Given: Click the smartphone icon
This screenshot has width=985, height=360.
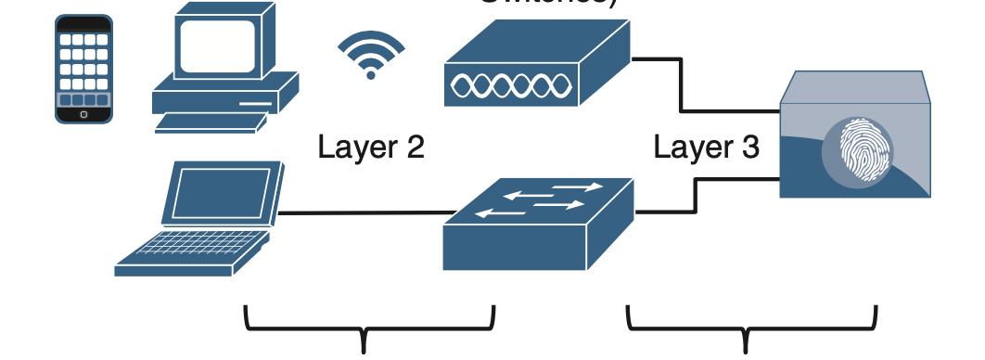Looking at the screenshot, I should click(x=83, y=69).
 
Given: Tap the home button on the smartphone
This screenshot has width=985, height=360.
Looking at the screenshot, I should click(x=83, y=115).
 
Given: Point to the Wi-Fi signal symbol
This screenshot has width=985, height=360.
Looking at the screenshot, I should click(x=371, y=55).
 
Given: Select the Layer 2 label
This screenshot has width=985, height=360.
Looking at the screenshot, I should click(x=371, y=147).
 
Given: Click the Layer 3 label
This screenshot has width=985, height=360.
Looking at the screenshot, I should click(x=706, y=147).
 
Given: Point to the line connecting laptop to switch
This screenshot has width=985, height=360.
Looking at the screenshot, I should click(x=362, y=213).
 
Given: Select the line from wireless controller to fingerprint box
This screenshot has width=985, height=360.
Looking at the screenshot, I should click(x=682, y=84).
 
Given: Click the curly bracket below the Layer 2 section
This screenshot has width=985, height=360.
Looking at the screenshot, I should click(x=368, y=329).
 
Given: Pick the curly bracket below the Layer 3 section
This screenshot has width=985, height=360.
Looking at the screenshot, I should click(x=751, y=329).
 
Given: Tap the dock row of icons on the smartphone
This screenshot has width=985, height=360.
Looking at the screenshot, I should click(x=83, y=99).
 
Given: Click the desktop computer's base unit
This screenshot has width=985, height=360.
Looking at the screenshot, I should click(x=223, y=93).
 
